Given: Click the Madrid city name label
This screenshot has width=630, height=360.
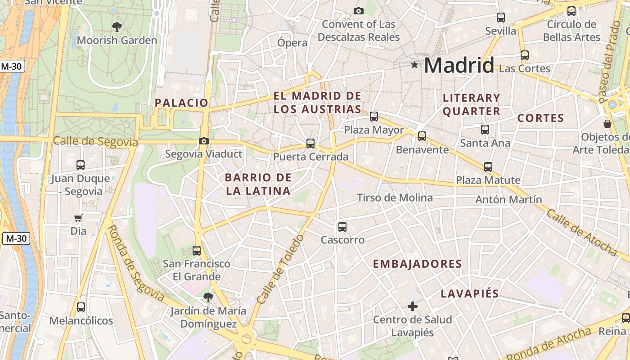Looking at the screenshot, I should [459, 66].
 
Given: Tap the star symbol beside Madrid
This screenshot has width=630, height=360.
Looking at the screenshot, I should [414, 65].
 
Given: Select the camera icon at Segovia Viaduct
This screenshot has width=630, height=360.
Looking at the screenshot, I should [204, 141].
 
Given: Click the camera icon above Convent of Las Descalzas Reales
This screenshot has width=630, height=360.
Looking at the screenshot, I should [358, 11].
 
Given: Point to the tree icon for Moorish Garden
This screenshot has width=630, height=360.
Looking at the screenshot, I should [117, 27].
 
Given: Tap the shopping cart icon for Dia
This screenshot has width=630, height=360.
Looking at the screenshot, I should [78, 218].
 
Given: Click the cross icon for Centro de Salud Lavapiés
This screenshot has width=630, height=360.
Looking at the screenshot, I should [412, 306].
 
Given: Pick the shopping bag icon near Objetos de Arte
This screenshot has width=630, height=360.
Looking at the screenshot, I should [607, 123].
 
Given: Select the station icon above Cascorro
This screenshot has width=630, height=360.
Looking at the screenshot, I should [342, 227].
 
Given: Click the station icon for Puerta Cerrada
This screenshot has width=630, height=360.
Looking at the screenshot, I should [310, 144].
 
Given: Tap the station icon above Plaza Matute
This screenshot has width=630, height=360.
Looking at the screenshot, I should [488, 167].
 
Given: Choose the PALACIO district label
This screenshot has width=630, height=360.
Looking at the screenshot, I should [182, 103].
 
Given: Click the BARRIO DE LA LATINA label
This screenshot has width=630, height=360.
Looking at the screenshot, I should [258, 184].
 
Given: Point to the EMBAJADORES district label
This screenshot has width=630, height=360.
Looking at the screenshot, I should [418, 264].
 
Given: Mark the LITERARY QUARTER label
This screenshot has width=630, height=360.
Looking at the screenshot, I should [472, 104].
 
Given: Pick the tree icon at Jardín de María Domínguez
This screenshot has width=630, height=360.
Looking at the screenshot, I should [208, 297].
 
